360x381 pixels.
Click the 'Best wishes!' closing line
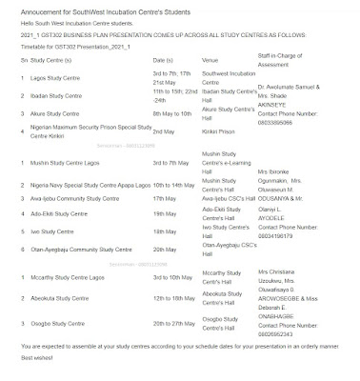(21, 368)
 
